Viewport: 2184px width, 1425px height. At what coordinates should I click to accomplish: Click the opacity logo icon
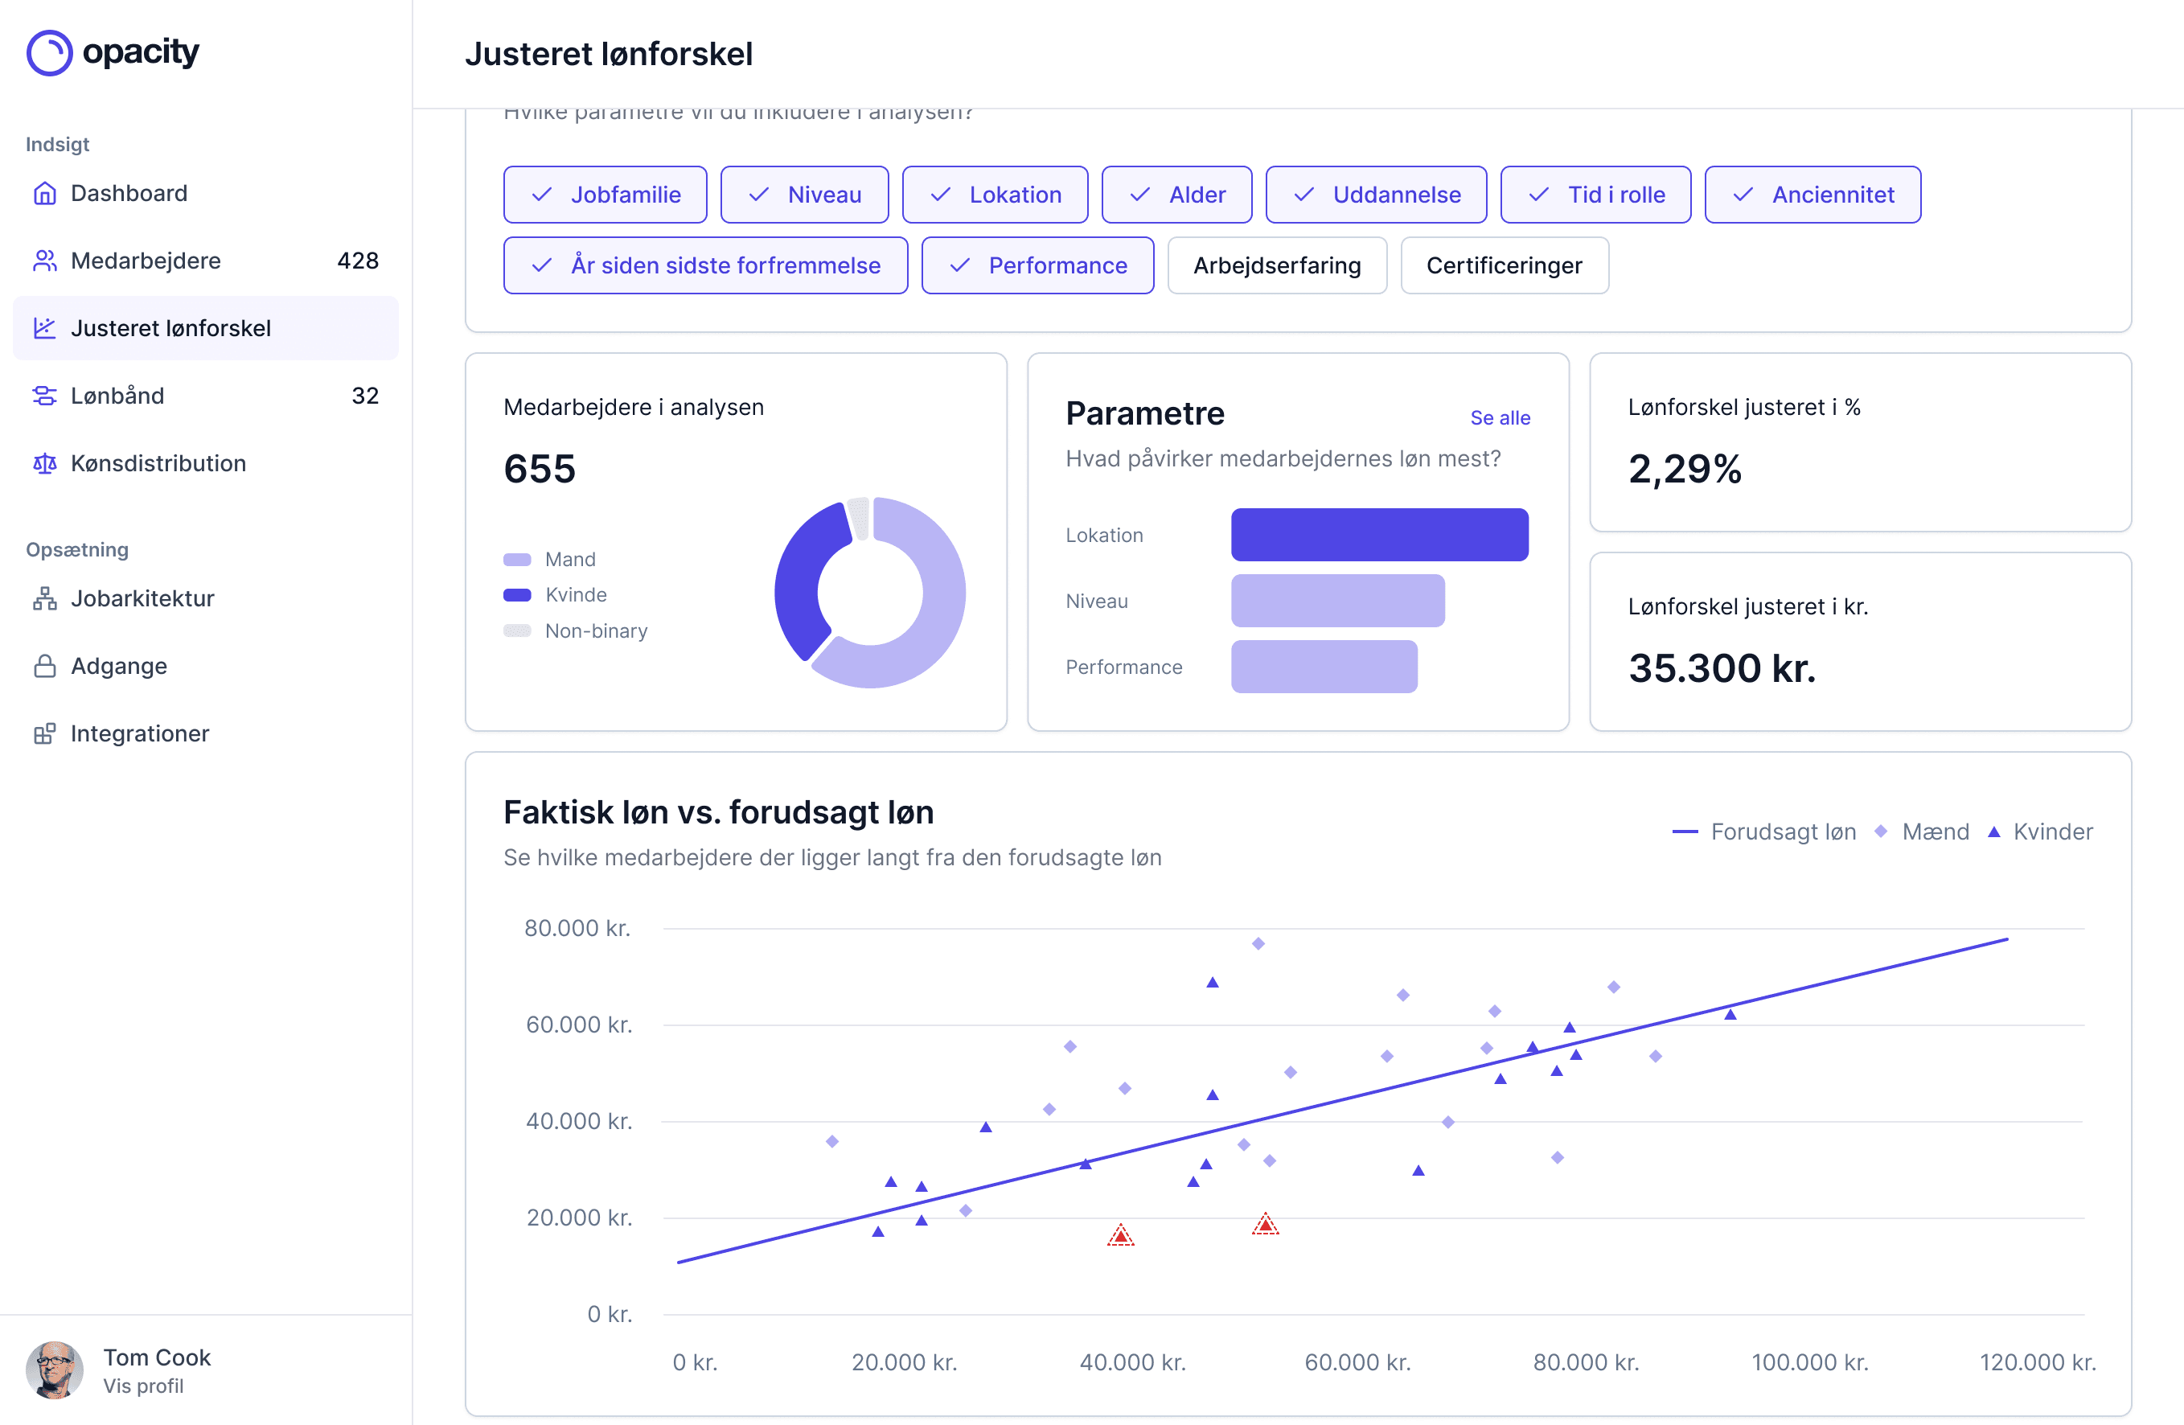point(50,53)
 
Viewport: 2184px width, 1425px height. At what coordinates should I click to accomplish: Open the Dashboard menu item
point(129,194)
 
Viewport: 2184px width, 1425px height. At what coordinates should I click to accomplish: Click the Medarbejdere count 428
point(357,261)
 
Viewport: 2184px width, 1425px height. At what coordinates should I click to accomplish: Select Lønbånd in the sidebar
point(117,396)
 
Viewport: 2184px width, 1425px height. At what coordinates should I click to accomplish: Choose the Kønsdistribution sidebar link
point(158,463)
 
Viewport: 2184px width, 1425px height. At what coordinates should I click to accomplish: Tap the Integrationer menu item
point(139,733)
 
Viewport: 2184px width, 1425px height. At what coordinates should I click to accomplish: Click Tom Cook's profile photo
point(54,1370)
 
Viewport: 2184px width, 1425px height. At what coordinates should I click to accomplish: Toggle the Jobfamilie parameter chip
point(605,195)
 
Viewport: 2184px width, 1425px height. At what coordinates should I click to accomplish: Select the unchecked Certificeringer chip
point(1503,265)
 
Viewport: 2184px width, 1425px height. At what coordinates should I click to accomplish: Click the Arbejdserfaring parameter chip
point(1275,265)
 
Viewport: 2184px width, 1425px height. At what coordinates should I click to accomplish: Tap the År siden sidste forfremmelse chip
point(704,265)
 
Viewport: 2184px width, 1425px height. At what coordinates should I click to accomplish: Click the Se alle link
point(1500,417)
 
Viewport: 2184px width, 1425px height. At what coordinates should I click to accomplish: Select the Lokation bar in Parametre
point(1378,535)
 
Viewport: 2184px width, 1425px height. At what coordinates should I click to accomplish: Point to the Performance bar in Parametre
point(1324,667)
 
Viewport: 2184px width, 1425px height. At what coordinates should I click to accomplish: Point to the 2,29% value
point(1684,469)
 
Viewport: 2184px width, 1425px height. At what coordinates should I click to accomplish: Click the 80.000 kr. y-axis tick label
point(577,928)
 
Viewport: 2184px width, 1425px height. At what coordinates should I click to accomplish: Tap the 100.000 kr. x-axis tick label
point(1808,1361)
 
